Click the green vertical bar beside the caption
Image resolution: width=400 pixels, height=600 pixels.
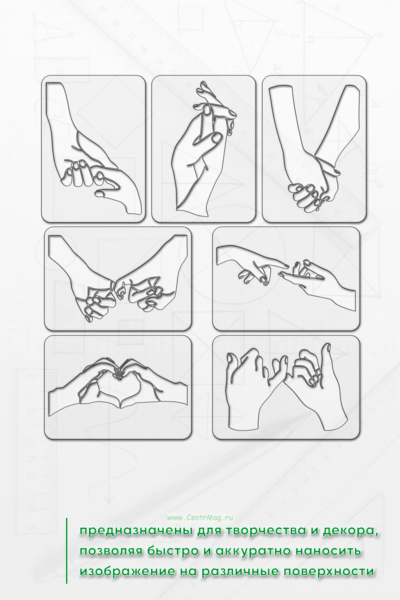coord(67,551)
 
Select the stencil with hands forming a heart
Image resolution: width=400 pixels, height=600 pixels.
coord(118,387)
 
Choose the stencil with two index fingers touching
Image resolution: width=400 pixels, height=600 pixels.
coord(286,279)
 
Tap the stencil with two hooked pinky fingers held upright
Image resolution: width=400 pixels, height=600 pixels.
coord(286,387)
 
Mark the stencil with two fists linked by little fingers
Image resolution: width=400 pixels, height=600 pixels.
coord(118,279)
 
